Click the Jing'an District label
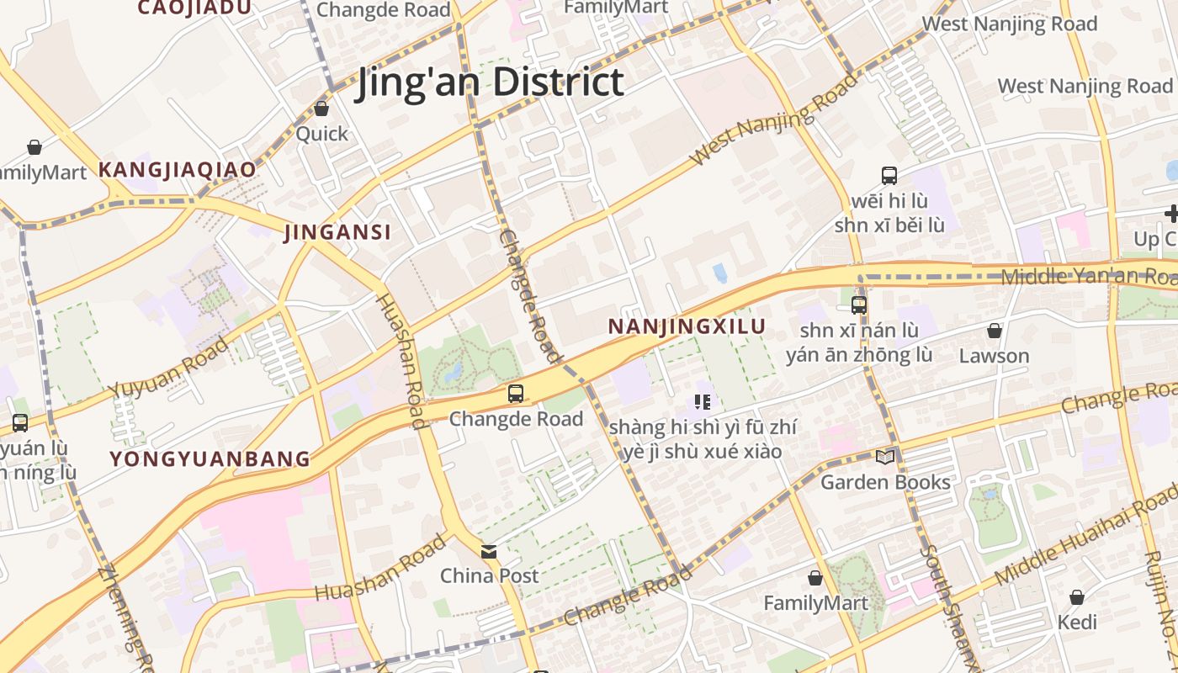click(490, 82)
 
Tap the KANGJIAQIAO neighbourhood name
click(177, 169)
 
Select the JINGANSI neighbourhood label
click(337, 232)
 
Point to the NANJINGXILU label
click(687, 326)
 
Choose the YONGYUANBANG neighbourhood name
click(210, 458)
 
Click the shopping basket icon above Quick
click(321, 109)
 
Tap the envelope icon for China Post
click(489, 552)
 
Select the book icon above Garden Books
click(884, 457)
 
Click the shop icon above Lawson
click(995, 331)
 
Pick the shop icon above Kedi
click(1077, 597)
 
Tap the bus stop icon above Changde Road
click(516, 393)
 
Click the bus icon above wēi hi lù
click(889, 176)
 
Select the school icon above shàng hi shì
click(703, 402)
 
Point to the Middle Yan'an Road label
click(1089, 275)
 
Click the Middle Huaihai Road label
click(1085, 538)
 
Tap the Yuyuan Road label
click(168, 368)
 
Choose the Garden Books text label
click(885, 482)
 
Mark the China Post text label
click(490, 576)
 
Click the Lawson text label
click(994, 356)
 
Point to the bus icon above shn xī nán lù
click(859, 305)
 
